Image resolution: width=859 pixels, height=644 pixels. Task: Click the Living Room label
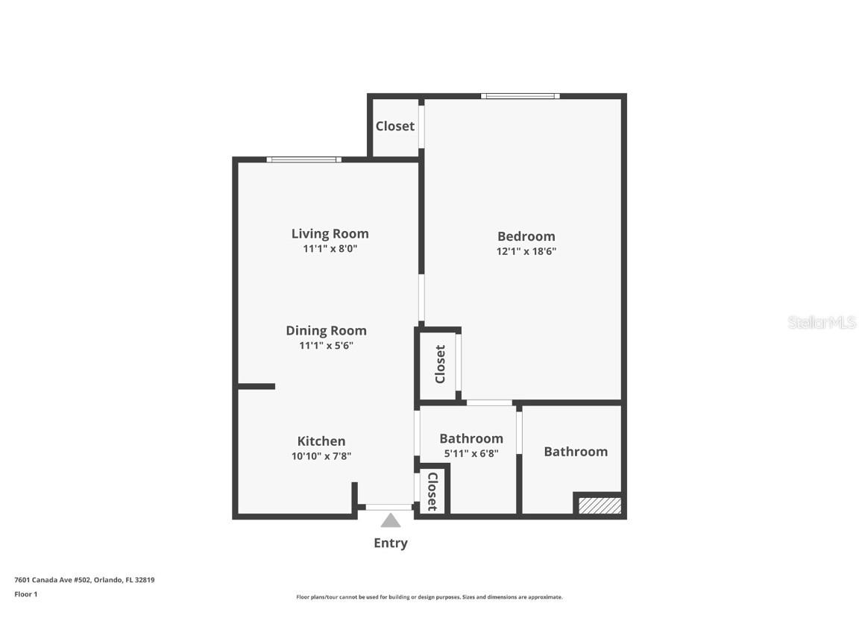pos(330,234)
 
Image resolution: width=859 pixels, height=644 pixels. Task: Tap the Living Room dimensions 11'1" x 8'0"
pos(330,249)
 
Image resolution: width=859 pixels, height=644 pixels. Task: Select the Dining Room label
pos(326,331)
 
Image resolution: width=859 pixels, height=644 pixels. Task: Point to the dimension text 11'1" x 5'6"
pos(326,346)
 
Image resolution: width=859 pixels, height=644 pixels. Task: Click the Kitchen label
pos(321,441)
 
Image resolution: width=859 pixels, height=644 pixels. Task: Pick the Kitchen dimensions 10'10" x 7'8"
pos(321,455)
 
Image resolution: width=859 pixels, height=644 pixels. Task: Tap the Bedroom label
pos(526,236)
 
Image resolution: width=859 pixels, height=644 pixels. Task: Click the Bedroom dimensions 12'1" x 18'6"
pos(526,251)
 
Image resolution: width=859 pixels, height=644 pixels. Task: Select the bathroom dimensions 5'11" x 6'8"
pos(471,453)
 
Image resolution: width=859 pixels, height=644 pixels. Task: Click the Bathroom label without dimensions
pos(576,452)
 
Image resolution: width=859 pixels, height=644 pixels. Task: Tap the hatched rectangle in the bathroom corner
pos(600,505)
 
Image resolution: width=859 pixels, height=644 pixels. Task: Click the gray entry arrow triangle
pos(391,520)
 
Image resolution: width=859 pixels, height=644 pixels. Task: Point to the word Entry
pos(391,543)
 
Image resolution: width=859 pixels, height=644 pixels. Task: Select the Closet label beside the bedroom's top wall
pos(395,126)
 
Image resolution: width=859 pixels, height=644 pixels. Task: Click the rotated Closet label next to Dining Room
pos(440,364)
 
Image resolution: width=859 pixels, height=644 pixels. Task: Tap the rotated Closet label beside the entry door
pos(432,491)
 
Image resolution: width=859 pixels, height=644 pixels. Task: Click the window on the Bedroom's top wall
pos(520,96)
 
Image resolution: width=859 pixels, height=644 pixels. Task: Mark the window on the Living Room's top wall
pos(304,160)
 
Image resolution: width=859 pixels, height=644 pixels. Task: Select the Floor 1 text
pos(26,594)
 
